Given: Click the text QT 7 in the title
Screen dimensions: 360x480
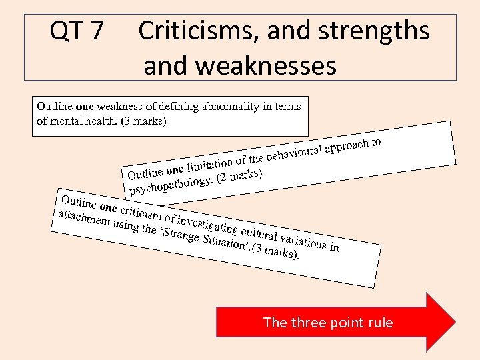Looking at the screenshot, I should pyautogui.click(x=77, y=31).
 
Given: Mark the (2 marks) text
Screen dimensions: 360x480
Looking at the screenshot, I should pyautogui.click(x=241, y=176).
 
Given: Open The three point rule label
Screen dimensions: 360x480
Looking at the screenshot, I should pyautogui.click(x=328, y=323).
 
